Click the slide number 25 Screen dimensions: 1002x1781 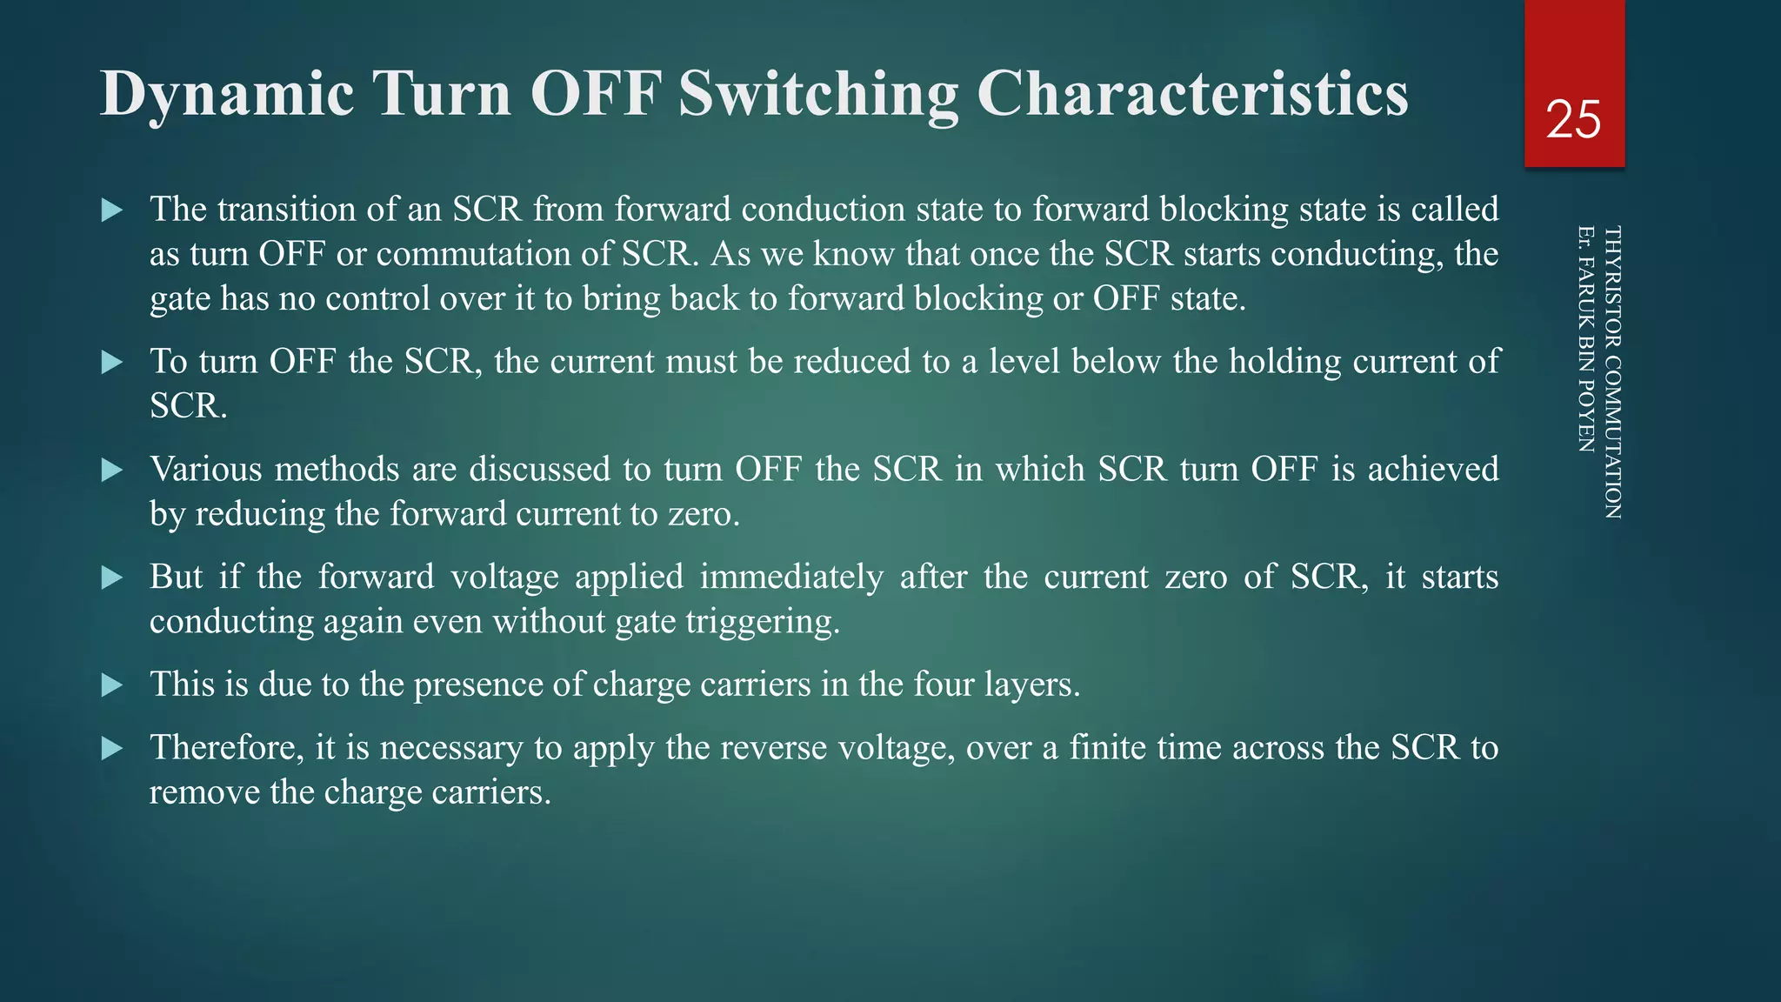pos(1573,119)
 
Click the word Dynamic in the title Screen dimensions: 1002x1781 pos(227,94)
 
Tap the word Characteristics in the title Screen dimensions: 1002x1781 pos(1192,94)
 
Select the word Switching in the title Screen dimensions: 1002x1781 pos(817,94)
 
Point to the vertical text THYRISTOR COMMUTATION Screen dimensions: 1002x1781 pos(1611,372)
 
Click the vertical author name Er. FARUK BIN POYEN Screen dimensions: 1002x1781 pos(1585,339)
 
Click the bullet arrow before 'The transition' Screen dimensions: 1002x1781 pos(112,210)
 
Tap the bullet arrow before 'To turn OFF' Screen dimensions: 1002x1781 pos(112,362)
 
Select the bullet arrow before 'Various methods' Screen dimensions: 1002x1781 pos(112,470)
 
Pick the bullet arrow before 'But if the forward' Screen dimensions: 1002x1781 pos(112,578)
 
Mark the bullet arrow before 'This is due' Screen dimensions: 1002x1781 pos(112,685)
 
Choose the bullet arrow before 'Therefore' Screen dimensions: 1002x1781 pos(112,748)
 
